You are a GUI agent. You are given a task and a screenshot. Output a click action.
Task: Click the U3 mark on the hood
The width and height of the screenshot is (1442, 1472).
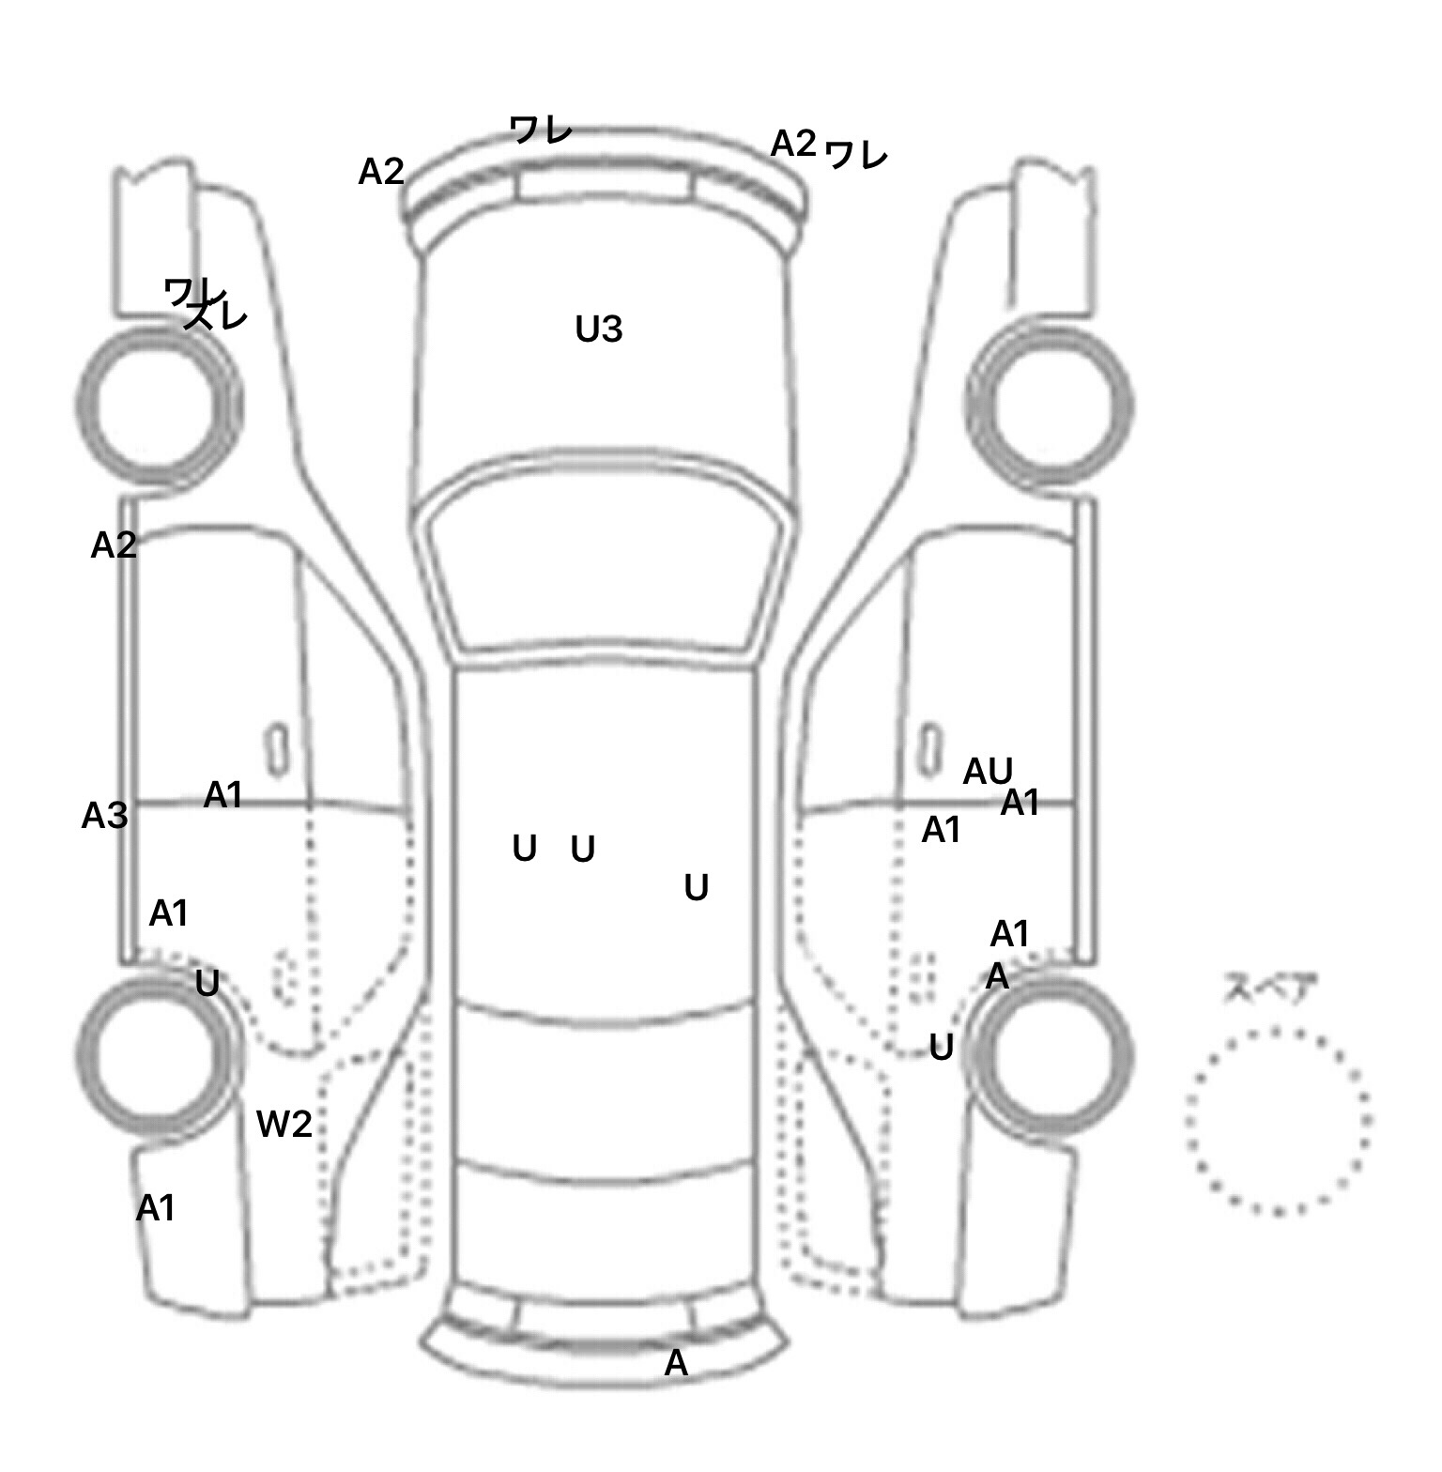[598, 330]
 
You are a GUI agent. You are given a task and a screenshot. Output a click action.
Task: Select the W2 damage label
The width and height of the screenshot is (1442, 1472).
[284, 1123]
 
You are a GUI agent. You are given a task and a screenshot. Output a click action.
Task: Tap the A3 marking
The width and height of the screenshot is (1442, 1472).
[104, 816]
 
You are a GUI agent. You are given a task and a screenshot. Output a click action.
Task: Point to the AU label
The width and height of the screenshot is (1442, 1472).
[988, 772]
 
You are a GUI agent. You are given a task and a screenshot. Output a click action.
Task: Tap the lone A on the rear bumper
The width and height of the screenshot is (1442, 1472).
[676, 1362]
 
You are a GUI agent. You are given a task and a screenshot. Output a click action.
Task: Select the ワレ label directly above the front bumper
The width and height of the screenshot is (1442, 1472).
[541, 130]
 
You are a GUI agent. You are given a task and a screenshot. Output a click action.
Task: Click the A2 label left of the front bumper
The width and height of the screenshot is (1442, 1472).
[381, 172]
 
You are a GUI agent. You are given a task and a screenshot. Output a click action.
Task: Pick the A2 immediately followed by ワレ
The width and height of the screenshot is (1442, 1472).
[793, 144]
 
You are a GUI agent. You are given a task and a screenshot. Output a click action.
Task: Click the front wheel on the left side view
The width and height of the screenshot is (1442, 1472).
[158, 406]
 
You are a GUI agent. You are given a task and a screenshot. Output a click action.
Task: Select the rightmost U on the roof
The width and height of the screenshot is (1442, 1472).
[696, 887]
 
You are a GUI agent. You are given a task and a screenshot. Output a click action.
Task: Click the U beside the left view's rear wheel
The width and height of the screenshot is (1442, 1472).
[207, 984]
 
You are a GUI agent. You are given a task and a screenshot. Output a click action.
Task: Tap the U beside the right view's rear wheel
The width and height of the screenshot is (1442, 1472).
[941, 1047]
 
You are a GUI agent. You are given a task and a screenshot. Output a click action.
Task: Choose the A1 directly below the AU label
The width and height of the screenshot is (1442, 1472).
[1020, 803]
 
